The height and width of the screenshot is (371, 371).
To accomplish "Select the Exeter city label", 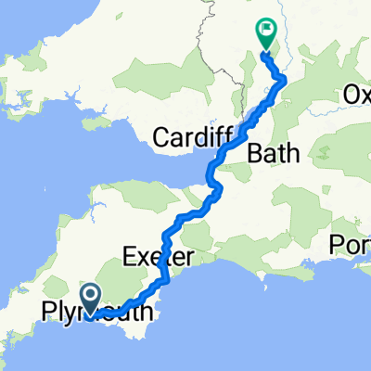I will pos(156,255).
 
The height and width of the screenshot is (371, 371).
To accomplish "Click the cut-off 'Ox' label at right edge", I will pos(356,95).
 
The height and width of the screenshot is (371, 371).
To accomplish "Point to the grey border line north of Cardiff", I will pos(200,56).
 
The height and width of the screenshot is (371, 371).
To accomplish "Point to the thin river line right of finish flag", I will pos(290,56).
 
